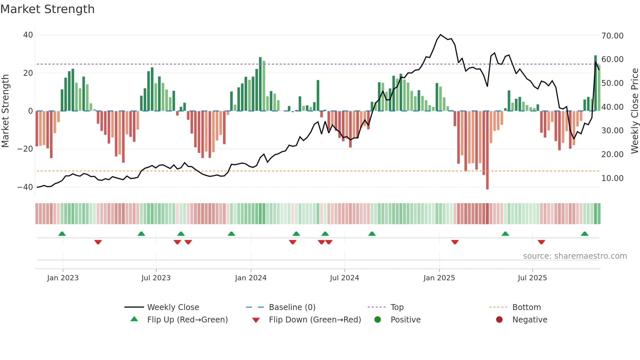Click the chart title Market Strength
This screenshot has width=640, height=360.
point(47,9)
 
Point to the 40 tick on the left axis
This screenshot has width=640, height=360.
point(28,35)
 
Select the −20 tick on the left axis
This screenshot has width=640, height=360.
point(25,149)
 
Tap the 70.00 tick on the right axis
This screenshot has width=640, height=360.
point(612,36)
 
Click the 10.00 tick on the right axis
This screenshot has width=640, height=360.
point(612,178)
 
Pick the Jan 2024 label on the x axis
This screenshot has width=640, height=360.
point(250,278)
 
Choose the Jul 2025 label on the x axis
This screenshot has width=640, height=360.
point(532,278)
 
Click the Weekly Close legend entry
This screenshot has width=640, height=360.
point(173,307)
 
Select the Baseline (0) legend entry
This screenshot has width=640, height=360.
point(292,307)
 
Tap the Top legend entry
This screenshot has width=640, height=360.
point(397,307)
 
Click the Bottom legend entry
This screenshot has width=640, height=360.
point(526,307)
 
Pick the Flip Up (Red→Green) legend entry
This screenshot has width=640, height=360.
point(187,319)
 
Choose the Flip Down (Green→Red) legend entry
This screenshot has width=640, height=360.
point(315,319)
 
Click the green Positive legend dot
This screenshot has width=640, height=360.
point(377,319)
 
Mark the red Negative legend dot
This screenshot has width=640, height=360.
point(499,319)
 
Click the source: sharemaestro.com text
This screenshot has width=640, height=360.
point(575,256)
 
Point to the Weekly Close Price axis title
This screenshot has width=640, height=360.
point(634,111)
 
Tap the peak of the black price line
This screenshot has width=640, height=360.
point(440,34)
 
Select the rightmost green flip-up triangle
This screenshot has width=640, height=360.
point(584,234)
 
